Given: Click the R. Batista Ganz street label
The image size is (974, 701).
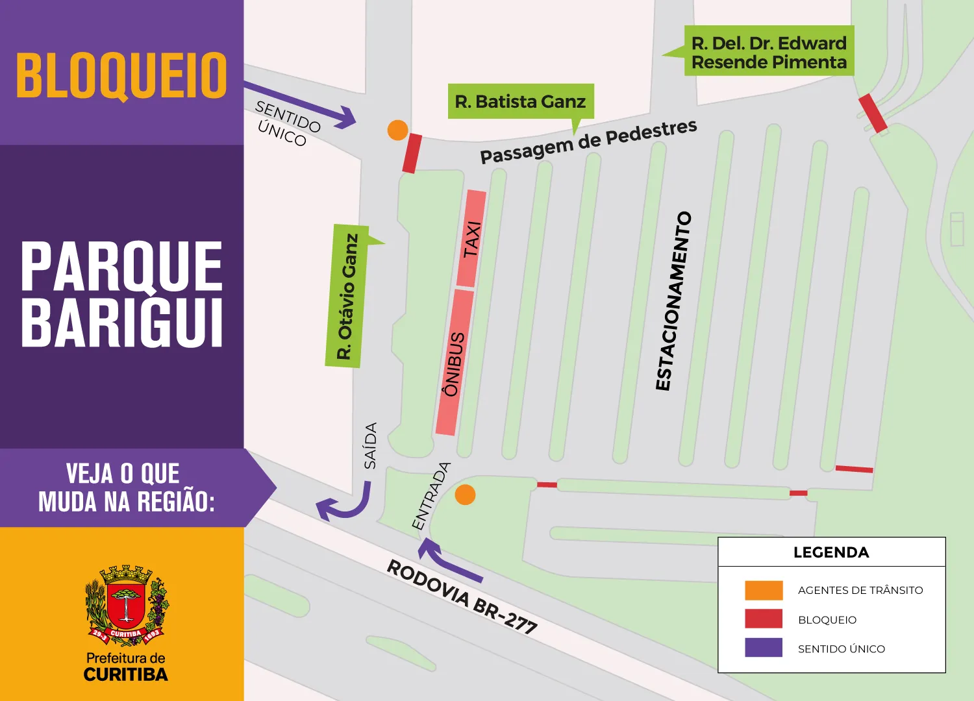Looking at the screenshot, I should coord(520,101).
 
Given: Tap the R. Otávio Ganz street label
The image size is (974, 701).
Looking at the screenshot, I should coord(347,297).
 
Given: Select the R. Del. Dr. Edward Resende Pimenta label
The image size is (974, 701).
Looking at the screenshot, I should coord(769,52).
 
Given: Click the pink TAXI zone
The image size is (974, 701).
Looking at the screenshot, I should coord(471,238).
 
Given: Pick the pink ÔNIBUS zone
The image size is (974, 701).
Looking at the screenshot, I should coord(454,362).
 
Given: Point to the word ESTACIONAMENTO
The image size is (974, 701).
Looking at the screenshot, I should coord(673,301).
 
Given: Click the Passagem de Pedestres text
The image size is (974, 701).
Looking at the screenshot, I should coord(588,141).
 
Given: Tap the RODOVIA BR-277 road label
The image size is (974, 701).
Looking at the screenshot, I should coord(462,596).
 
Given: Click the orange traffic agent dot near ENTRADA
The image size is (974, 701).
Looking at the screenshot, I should coord(465,495).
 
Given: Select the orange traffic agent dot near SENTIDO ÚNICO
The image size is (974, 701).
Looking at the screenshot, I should coord(397,130).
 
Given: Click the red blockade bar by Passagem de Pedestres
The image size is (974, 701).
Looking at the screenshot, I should coord(412,153).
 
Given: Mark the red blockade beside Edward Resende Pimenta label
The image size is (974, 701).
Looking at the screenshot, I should coord(873,114).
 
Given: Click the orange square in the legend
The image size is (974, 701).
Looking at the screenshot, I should coord(764,590).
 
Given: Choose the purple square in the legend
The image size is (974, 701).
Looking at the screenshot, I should coord(764,648).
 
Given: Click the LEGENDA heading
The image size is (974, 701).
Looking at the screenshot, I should coord(830,552).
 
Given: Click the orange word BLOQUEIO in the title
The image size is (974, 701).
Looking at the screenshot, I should coord(121,75).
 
